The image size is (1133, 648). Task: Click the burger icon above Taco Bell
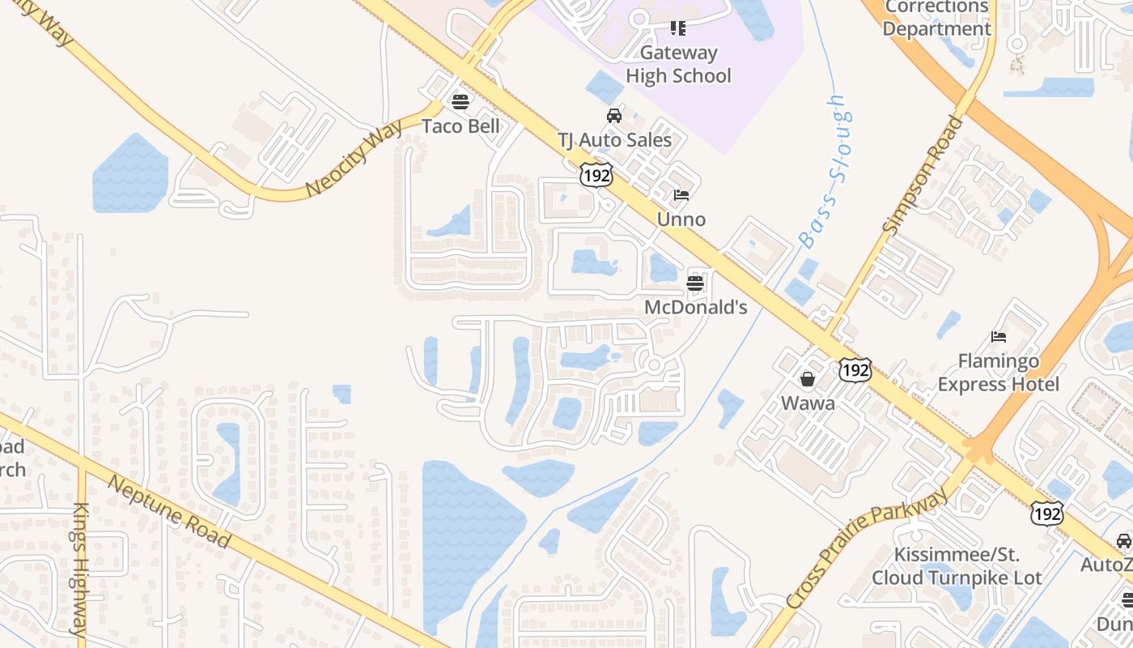460,101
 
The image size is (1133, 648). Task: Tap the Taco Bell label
460,126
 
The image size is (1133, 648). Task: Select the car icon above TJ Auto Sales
614,116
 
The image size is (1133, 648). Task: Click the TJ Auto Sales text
614,140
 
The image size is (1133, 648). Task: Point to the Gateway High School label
678,64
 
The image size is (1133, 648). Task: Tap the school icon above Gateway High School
678,29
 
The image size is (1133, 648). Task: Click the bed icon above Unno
681,195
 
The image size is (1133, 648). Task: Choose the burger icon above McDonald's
695,283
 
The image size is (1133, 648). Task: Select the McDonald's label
695,308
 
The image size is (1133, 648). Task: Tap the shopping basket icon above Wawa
807,379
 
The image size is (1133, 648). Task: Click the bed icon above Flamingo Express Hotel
998,337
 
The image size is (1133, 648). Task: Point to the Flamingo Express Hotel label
998,372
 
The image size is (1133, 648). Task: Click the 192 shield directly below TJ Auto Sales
596,175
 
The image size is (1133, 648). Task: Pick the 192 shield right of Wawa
855,370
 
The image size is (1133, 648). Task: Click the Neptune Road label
169,511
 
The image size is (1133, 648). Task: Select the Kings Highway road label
80,568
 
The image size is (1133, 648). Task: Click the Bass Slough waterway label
826,172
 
